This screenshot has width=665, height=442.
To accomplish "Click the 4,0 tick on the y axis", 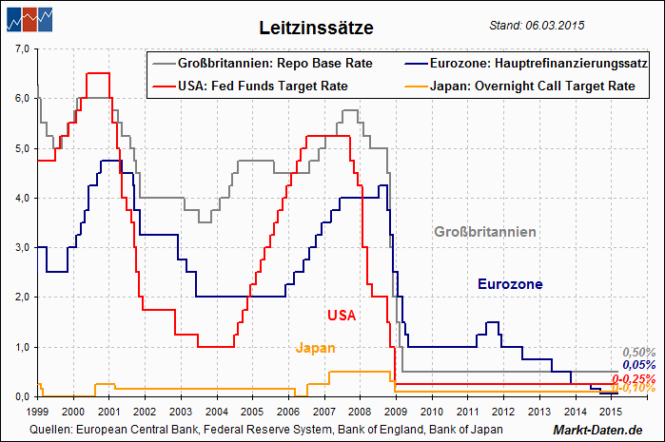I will point(20,198).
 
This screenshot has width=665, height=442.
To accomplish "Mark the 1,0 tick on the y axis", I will point(20,347).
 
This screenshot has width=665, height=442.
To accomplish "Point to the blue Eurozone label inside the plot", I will point(510,284).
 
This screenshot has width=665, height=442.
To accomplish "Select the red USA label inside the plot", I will point(341,315).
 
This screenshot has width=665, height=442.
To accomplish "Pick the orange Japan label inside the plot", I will point(315,348).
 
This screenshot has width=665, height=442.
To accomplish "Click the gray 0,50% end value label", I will point(638,353).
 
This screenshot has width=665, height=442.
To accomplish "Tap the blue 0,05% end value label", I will point(639,364).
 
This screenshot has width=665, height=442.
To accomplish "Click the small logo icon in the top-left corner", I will point(28,18).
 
